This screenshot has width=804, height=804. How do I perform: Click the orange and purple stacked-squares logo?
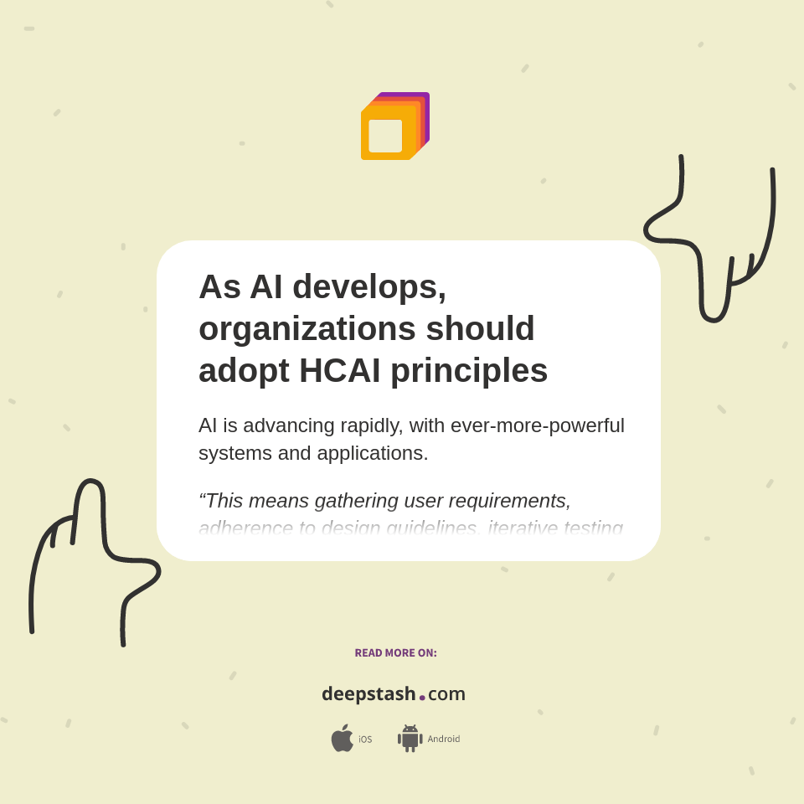[x=394, y=126]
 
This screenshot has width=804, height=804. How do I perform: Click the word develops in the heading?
[x=369, y=287]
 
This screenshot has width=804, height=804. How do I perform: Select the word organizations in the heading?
[x=307, y=328]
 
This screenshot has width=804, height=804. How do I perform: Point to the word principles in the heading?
[x=469, y=370]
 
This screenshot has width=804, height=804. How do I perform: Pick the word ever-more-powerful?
[x=538, y=425]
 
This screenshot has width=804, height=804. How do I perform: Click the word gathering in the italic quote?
[x=344, y=501]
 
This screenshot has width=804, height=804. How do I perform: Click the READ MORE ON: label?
[x=395, y=653]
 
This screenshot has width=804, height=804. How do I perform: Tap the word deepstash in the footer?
[x=368, y=694]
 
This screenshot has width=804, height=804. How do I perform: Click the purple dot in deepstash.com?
[x=422, y=697]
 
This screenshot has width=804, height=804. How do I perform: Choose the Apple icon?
[x=342, y=739]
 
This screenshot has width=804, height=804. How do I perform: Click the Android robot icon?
[x=410, y=739]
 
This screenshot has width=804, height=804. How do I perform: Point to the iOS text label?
[x=365, y=740]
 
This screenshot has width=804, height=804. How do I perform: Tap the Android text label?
[x=443, y=740]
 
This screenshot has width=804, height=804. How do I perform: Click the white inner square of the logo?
[x=385, y=136]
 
